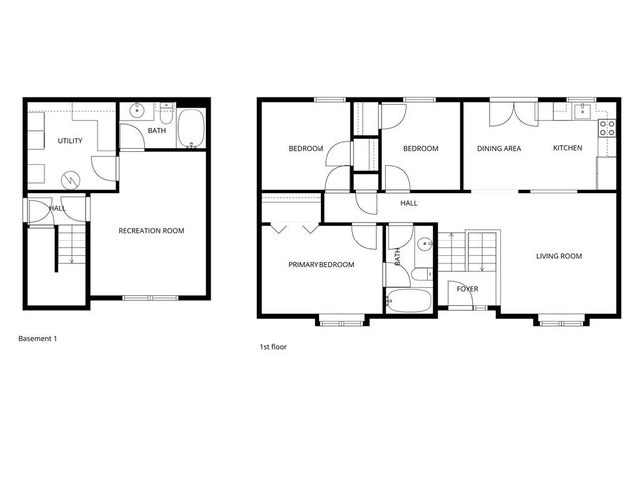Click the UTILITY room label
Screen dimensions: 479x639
point(70,141)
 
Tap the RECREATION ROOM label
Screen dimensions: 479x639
point(152,231)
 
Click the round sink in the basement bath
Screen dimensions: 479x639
point(136,112)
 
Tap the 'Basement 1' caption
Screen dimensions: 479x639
point(38,338)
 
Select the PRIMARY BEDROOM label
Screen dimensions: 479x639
point(320,264)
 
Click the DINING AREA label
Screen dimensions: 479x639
point(499,149)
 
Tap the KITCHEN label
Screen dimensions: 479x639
point(567,149)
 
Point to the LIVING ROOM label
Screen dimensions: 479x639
point(558,256)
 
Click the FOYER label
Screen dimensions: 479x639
point(467,289)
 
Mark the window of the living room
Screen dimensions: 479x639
point(550,319)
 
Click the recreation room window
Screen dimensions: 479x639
point(151,297)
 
